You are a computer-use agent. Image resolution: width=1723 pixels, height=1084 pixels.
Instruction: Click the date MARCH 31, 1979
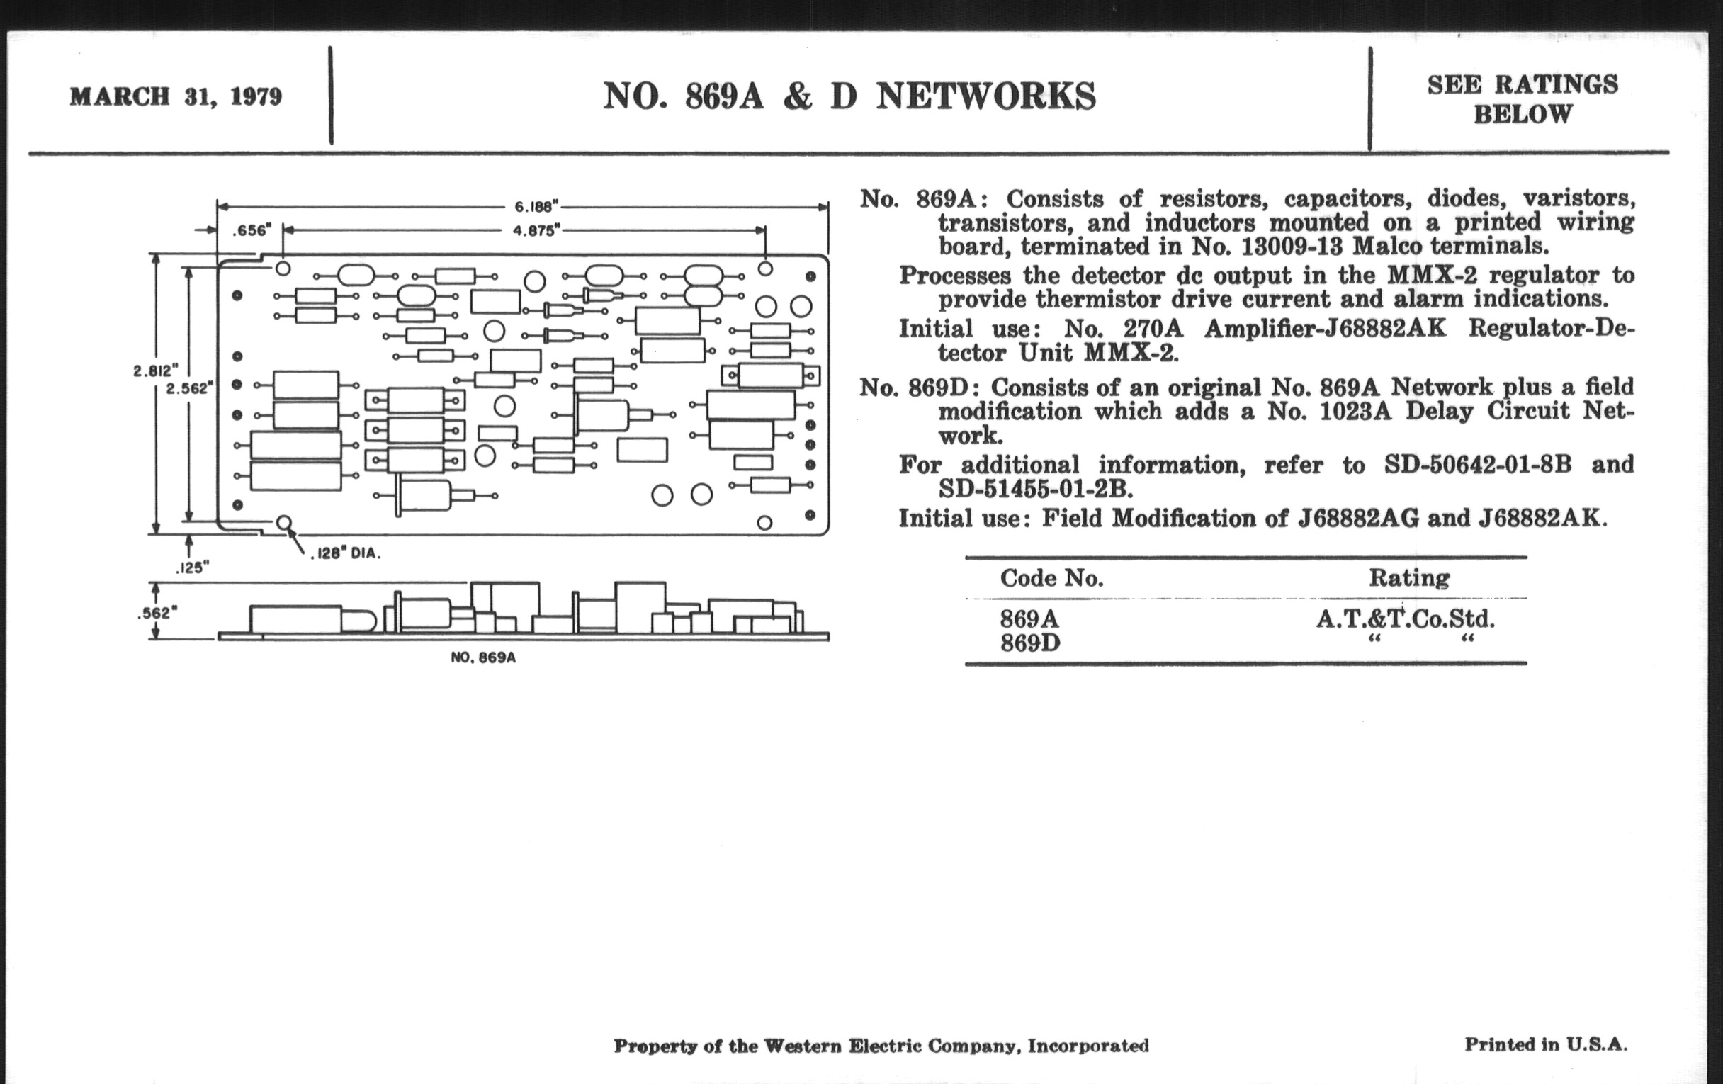click(x=175, y=96)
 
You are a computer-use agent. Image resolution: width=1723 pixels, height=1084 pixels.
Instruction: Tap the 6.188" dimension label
click(x=535, y=207)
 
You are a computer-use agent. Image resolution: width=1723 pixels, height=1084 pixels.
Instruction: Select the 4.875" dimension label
click(x=536, y=230)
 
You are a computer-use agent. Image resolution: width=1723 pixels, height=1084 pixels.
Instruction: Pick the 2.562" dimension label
click(x=188, y=388)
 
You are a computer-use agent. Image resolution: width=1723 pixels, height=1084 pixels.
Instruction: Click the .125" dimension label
click(x=192, y=568)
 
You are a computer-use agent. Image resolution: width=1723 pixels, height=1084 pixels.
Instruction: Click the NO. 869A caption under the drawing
click(x=483, y=657)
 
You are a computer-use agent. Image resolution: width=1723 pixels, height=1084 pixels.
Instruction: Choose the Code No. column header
click(x=1051, y=578)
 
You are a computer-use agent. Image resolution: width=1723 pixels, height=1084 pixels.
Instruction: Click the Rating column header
click(x=1409, y=577)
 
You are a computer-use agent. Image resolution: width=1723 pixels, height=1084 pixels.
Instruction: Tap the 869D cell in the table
click(x=1029, y=643)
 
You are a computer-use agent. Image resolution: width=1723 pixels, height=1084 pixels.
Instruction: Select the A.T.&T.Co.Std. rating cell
click(x=1406, y=619)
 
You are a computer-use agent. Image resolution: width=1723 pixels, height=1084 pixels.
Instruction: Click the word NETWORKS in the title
click(x=985, y=96)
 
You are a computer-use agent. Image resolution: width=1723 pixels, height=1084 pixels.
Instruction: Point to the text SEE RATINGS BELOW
click(x=1522, y=98)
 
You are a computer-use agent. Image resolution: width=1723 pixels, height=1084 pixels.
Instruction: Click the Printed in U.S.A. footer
click(x=1546, y=1044)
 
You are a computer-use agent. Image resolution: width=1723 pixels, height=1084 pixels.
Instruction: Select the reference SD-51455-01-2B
click(x=1035, y=490)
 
